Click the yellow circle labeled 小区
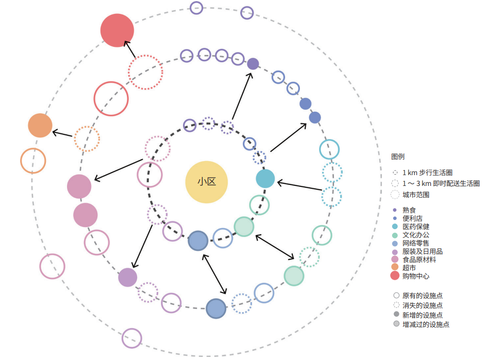pyautogui.click(x=207, y=182)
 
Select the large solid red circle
pyautogui.click(x=117, y=30)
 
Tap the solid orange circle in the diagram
pyautogui.click(x=40, y=125)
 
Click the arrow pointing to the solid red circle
pyautogui.click(x=130, y=49)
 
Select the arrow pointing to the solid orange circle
pyautogui.click(x=62, y=134)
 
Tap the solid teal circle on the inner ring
pyautogui.click(x=265, y=179)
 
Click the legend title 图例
pyautogui.click(x=398, y=157)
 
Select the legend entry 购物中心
pyautogui.click(x=416, y=276)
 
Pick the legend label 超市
pyautogui.click(x=409, y=267)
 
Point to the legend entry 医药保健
pyautogui.click(x=416, y=227)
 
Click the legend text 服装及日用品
pyautogui.click(x=423, y=251)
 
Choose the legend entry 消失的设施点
pyautogui.click(x=423, y=305)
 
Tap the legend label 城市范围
pyautogui.click(x=416, y=195)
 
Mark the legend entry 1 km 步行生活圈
pyautogui.click(x=427, y=173)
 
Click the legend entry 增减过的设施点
pyautogui.click(x=426, y=324)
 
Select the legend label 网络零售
pyautogui.click(x=416, y=243)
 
